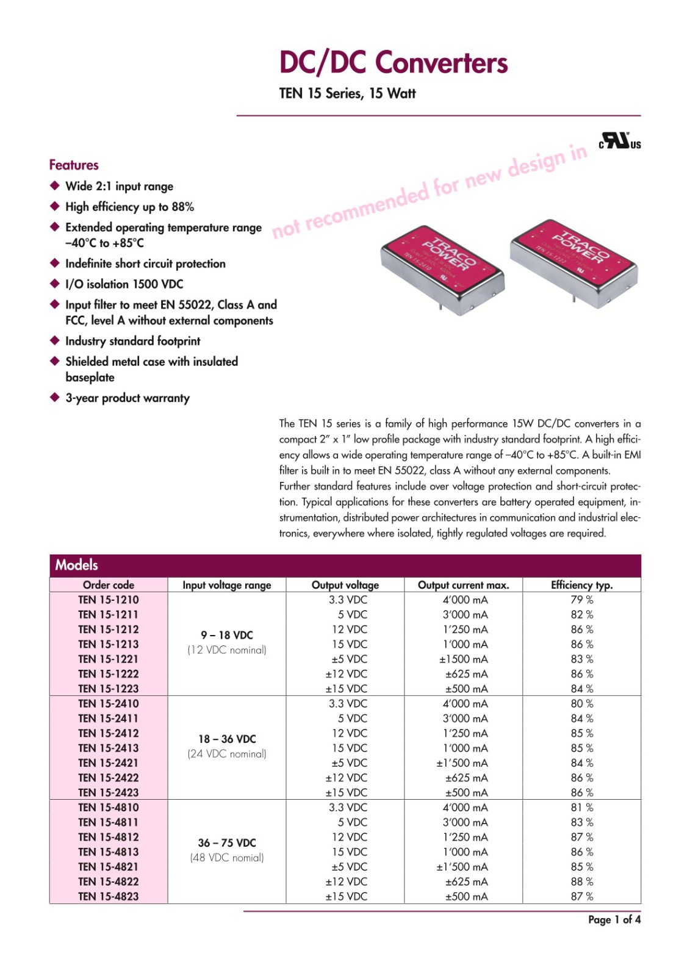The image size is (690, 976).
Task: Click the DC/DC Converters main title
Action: point(393,62)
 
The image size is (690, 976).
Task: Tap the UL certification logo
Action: point(619,141)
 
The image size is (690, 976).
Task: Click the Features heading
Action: point(74,165)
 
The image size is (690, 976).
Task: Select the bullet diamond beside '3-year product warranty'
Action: point(55,398)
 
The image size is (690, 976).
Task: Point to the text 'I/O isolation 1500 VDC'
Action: point(124,284)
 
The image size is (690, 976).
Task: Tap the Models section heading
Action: point(77,565)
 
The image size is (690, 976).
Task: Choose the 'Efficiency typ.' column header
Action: point(581,585)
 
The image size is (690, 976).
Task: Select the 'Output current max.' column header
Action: point(463,585)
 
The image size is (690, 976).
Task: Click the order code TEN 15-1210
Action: point(108,600)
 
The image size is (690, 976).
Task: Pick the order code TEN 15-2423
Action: point(108,792)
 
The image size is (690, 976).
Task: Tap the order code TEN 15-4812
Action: point(108,837)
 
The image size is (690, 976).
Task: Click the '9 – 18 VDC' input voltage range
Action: point(226,635)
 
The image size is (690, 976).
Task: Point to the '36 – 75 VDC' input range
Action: point(226,842)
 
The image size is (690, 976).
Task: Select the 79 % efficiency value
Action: point(581,600)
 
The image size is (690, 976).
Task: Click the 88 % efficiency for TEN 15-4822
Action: point(581,881)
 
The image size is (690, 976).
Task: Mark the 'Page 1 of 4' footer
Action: point(614,919)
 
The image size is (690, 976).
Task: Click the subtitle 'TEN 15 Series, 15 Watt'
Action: point(347,93)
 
